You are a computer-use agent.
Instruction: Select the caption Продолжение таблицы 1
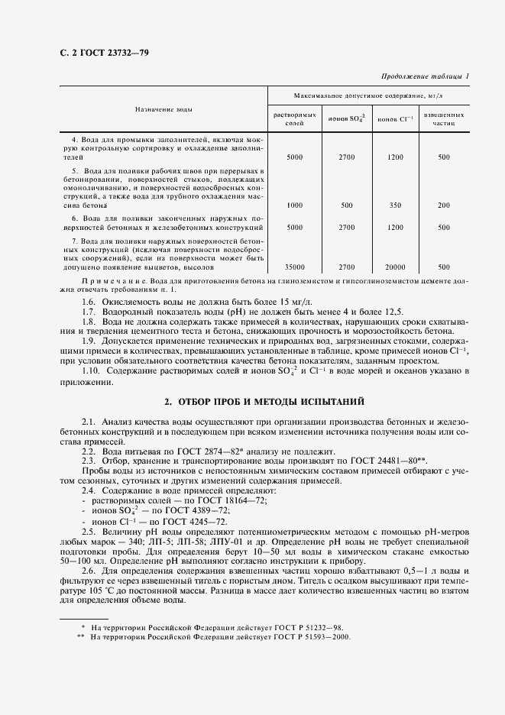tap(424, 75)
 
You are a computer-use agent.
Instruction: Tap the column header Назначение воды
tap(163, 109)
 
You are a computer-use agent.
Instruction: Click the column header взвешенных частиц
tap(444, 118)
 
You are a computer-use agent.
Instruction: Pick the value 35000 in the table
tap(294, 267)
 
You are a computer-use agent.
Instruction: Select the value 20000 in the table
tap(394, 267)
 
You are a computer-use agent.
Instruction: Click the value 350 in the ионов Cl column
tap(394, 205)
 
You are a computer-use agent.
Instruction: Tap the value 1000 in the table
tap(294, 205)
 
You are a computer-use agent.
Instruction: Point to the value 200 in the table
tap(444, 205)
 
